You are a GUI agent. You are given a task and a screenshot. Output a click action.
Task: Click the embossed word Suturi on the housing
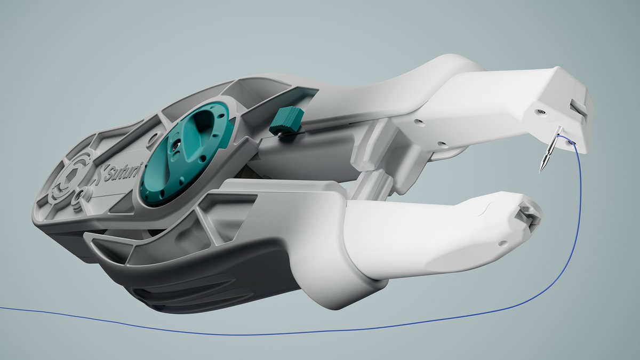coord(120,173)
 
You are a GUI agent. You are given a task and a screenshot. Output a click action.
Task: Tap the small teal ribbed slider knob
coord(287,120)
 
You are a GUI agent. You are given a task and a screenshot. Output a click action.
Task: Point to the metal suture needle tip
coord(542,170)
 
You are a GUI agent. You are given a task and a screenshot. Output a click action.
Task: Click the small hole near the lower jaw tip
coord(505,244)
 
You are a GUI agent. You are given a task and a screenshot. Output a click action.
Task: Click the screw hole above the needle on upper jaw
coord(540,111)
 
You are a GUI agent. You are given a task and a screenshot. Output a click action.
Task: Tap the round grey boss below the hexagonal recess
coord(79,197)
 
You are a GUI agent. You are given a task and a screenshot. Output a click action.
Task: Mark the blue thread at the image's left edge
coord(2,308)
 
